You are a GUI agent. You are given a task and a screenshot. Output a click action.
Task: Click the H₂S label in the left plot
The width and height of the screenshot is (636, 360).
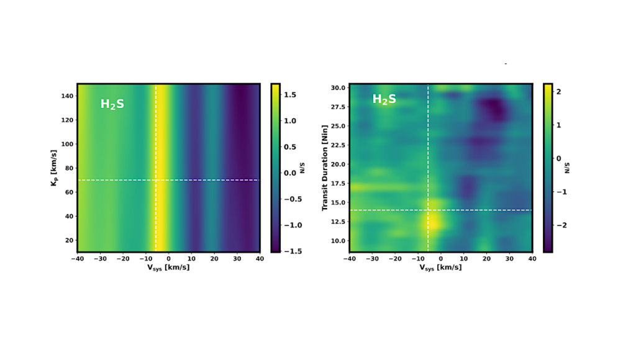point(112,104)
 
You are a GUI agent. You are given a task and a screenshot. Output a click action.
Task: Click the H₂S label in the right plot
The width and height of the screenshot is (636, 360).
point(384,99)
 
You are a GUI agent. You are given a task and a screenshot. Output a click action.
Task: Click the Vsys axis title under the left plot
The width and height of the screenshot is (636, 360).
point(168,268)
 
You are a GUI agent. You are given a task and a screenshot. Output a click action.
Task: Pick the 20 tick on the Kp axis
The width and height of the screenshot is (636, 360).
point(69,240)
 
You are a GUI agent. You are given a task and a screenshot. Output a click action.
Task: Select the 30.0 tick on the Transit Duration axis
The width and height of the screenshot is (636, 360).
point(338,88)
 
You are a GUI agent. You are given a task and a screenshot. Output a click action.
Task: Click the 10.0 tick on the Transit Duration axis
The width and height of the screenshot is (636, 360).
point(338,241)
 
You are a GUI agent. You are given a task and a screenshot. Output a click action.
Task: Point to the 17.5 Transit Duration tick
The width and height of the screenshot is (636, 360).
point(338,184)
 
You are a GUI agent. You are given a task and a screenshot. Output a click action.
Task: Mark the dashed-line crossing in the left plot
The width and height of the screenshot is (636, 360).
point(155,180)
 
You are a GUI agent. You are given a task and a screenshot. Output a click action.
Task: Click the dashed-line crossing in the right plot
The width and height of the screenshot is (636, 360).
point(428,210)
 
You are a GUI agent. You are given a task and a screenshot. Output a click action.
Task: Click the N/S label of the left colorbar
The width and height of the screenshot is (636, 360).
point(302,168)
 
